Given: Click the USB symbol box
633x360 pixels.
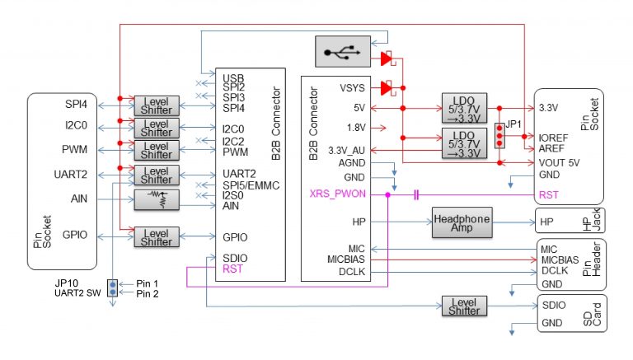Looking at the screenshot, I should click(x=342, y=53).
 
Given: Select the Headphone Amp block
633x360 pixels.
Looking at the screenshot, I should click(x=461, y=222).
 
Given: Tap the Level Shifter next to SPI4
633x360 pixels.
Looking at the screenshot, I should click(x=156, y=105).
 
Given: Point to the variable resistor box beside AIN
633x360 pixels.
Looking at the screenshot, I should click(x=156, y=199).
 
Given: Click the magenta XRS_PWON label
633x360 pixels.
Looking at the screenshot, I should click(x=339, y=194).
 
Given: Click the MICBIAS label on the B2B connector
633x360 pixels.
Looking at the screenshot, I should click(x=345, y=259).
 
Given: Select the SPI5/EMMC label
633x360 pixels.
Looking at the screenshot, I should click(x=250, y=185).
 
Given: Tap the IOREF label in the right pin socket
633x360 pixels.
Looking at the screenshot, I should click(x=552, y=138).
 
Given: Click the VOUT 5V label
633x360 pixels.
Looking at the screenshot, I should click(x=559, y=162).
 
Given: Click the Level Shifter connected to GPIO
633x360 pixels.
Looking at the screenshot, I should click(x=156, y=237).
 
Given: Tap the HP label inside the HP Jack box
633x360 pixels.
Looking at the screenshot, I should click(x=546, y=222).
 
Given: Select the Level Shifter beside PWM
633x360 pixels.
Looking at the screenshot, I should click(x=156, y=150).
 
